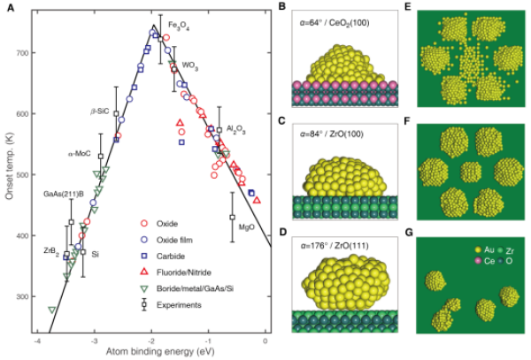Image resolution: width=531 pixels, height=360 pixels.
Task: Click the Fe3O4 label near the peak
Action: (179, 26)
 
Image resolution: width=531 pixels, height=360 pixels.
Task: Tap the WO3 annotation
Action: (190, 65)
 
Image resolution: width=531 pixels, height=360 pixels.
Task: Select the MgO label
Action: (247, 227)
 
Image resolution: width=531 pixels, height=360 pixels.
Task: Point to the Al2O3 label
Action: (235, 129)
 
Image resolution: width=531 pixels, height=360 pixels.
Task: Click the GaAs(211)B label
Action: (64, 195)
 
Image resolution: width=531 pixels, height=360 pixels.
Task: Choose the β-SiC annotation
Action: (100, 111)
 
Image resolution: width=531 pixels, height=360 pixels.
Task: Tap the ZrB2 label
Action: (51, 252)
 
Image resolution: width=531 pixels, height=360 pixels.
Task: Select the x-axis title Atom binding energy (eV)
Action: (160, 352)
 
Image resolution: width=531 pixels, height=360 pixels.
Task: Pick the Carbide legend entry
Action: (163, 257)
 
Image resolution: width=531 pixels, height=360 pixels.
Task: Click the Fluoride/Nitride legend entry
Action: (176, 272)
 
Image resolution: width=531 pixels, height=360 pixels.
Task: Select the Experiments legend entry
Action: (171, 305)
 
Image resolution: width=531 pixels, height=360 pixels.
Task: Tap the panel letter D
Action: (283, 233)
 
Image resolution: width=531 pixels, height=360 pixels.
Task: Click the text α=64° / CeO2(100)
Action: (335, 23)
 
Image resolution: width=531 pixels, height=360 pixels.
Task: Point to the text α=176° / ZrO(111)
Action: (335, 246)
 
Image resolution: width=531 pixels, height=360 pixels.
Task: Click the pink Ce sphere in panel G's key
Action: (478, 261)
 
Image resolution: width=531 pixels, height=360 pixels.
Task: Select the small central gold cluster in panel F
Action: (471, 172)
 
